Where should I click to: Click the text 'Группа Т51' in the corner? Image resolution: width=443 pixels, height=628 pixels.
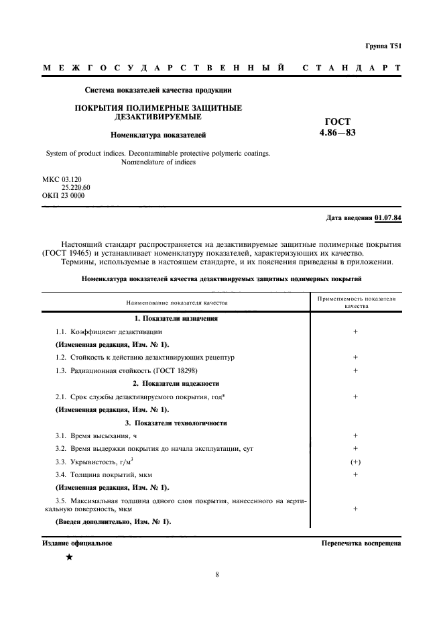[x=383, y=46]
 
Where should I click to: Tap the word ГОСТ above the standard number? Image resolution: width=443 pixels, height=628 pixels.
[x=337, y=121]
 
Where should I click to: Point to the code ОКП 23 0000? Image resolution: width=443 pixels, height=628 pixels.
[x=63, y=195]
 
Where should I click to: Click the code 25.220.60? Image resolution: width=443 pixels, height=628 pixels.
[x=75, y=188]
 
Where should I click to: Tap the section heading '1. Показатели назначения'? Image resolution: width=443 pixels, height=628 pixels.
[x=176, y=318]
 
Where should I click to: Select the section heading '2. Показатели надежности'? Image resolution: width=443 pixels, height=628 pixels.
[x=176, y=383]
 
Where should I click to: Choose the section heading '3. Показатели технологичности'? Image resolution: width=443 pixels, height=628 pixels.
[x=176, y=423]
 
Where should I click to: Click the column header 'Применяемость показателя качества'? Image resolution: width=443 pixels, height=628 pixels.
[x=356, y=302]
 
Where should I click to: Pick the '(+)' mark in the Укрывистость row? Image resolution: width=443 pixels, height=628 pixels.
[x=355, y=462]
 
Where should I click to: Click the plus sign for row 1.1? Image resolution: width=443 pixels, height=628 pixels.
[x=355, y=331]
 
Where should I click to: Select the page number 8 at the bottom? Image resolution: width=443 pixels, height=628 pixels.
[x=218, y=574]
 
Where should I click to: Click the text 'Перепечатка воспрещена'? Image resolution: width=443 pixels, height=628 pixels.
[x=361, y=543]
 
